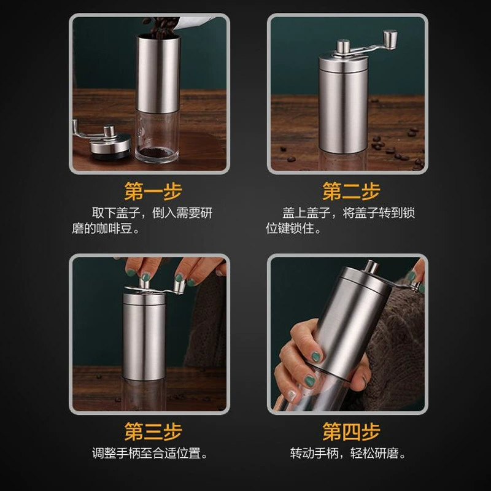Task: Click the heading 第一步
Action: [153, 191]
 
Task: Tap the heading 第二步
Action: [351, 191]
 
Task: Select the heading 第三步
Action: [153, 431]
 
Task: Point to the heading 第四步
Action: [351, 431]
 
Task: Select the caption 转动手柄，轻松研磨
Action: [344, 453]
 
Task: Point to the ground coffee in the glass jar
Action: [157, 153]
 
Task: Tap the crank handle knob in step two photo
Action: [390, 39]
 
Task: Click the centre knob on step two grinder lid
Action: [343, 47]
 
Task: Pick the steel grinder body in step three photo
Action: [144, 336]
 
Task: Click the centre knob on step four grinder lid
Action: [372, 267]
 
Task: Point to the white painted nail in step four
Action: [292, 395]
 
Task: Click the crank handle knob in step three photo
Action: [179, 287]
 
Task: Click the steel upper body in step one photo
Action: [158, 74]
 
